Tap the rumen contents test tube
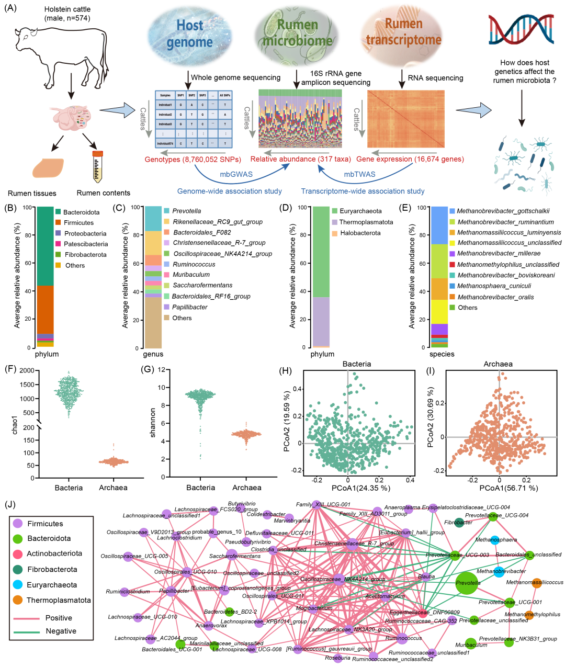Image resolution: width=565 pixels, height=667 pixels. click(97, 166)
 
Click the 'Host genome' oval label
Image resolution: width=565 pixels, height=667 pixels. click(189, 34)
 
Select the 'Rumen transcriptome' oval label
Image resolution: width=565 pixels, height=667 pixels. click(403, 32)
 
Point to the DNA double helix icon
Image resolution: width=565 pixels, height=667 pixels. click(521, 31)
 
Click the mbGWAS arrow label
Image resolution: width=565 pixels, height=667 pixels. click(236, 174)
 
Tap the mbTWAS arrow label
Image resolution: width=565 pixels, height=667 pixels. click(359, 174)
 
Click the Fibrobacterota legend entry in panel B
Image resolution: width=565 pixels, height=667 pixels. click(85, 255)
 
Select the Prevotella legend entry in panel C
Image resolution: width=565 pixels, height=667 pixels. click(186, 211)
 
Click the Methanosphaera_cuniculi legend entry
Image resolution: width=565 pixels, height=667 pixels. click(494, 286)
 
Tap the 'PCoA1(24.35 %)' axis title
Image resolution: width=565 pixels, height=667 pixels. click(360, 488)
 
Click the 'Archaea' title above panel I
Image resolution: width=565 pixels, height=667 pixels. click(498, 364)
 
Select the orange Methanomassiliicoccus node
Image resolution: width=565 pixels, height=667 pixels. click(537, 583)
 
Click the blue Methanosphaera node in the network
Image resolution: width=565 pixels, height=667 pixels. click(494, 540)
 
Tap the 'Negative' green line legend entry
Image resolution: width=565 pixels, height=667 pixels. click(61, 631)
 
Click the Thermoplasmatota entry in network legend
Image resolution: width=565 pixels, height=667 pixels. click(59, 600)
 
